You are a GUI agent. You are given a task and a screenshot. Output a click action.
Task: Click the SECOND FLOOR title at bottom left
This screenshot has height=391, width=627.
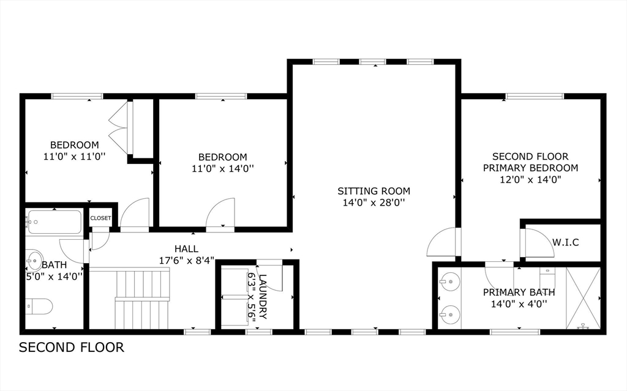[72, 348]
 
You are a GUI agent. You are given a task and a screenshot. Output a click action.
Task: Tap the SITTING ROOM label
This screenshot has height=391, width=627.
[374, 191]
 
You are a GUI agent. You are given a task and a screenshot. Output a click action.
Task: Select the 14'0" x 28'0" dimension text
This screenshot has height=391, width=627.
[374, 203]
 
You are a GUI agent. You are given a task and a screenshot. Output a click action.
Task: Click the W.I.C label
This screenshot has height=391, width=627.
[565, 242]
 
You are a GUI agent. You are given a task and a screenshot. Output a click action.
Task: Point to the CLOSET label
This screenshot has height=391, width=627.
[100, 218]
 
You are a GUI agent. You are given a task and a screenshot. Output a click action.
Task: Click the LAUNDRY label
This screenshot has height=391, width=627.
[263, 297]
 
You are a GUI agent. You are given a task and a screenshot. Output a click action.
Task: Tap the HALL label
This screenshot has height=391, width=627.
[186, 249]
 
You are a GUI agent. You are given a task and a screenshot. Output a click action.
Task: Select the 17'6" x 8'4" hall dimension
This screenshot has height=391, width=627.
[186, 260]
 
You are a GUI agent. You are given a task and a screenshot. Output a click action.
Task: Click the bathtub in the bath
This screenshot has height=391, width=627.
[54, 222]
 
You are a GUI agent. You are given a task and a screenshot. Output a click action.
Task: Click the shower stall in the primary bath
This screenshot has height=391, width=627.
[582, 298]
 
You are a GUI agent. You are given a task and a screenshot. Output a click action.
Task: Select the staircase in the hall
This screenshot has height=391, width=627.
[141, 298]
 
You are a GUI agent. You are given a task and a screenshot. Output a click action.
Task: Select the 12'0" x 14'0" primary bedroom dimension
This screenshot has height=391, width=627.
[530, 179]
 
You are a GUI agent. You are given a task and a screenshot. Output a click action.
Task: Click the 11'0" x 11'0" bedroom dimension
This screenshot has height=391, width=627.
[74, 157]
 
